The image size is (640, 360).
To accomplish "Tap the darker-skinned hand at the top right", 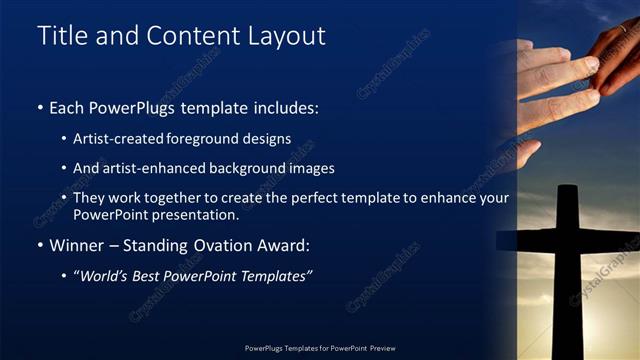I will (615, 55).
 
